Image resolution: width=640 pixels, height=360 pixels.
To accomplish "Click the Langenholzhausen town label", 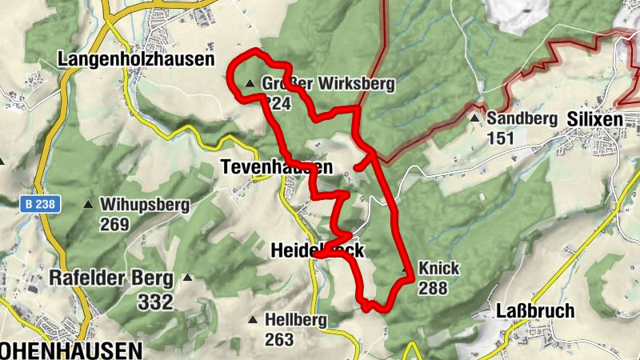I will click(137, 59).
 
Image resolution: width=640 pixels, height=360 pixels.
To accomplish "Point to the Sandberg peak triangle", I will click(474, 118).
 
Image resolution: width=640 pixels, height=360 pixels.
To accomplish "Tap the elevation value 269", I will click(115, 225).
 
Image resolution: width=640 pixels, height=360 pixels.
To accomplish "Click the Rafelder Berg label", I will click(110, 278).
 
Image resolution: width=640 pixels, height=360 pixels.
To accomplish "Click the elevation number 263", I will click(280, 340).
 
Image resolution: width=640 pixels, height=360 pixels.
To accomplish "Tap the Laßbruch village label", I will click(535, 311).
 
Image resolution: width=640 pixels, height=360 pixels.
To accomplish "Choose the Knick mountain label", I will click(438, 268).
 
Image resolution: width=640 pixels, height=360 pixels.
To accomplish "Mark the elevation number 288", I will click(432, 288).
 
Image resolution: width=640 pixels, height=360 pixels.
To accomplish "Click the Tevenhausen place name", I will click(276, 166).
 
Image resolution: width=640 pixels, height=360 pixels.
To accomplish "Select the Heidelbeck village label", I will click(317, 250).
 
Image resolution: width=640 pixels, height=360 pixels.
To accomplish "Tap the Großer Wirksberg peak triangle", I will click(250, 83).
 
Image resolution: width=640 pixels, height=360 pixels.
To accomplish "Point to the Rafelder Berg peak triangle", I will click(187, 278).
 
